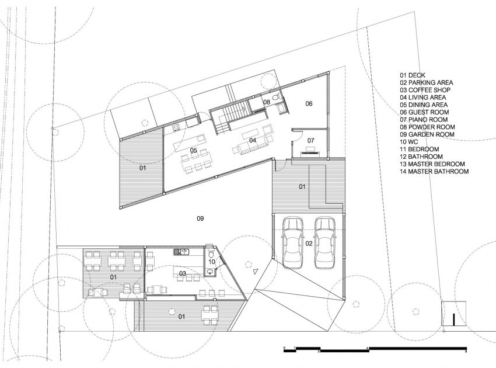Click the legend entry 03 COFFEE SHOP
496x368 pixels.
(x=425, y=90)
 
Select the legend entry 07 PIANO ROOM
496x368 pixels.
(x=424, y=120)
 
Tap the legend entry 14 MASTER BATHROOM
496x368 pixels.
(x=434, y=172)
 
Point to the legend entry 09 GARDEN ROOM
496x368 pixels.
(x=427, y=134)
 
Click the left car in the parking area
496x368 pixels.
(x=293, y=242)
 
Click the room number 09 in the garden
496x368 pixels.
(x=200, y=218)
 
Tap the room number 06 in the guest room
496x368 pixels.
(x=309, y=103)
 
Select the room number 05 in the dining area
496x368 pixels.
(x=194, y=150)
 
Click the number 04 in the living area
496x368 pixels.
(x=253, y=140)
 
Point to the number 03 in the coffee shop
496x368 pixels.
(x=183, y=273)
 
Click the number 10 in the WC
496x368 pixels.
(x=212, y=262)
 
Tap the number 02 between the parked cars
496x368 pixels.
(x=309, y=243)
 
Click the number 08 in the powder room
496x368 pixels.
(x=267, y=102)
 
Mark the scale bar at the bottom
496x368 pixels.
(x=375, y=350)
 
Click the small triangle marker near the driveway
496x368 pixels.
(x=256, y=271)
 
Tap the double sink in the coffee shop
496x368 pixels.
(x=181, y=252)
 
